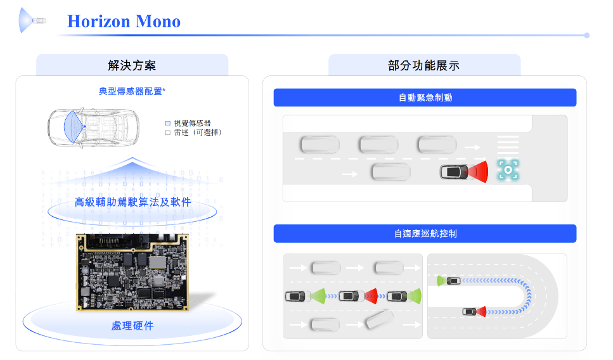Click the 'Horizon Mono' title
[124, 21]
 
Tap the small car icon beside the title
[39, 20]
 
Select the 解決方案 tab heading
[132, 65]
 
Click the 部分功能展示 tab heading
[424, 65]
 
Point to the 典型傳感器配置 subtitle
[132, 91]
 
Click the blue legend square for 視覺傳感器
[168, 123]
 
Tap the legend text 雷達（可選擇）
[197, 132]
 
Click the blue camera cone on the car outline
[74, 127]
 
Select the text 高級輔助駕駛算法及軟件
[132, 202]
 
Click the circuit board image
[132, 272]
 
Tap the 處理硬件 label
[132, 326]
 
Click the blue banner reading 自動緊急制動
[425, 98]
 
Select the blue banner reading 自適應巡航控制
[425, 233]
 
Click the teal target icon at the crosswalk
[508, 170]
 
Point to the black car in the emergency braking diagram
[454, 172]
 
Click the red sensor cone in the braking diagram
[479, 172]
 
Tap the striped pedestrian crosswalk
[508, 145]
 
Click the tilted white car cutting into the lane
[380, 319]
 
